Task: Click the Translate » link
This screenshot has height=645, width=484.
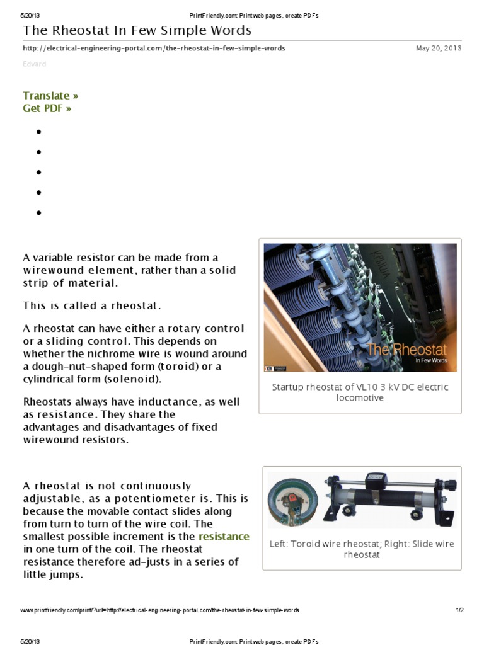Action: [50, 96]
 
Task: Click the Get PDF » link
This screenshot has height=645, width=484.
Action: [47, 108]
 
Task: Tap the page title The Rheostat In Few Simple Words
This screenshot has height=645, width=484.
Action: [137, 31]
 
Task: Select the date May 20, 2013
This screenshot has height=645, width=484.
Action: [439, 49]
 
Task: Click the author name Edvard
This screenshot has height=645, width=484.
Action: [34, 64]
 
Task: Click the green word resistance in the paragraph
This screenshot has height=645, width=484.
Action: [224, 537]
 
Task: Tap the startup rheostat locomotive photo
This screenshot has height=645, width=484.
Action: [360, 307]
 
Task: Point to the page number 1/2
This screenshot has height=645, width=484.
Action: [459, 610]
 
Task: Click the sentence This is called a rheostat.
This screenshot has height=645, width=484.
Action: [92, 306]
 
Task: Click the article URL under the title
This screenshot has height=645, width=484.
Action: [154, 49]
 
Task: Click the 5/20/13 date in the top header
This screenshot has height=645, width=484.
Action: [30, 16]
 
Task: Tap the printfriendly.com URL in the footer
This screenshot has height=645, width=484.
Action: [159, 610]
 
